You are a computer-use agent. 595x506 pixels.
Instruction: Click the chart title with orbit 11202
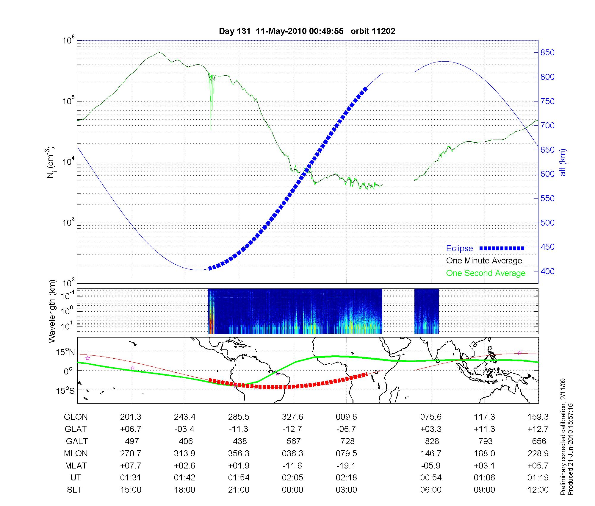pos(307,31)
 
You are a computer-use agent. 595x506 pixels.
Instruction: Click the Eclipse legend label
pos(459,249)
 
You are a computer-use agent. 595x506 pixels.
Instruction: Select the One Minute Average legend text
pos(484,261)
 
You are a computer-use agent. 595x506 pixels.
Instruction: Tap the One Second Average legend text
pos(486,273)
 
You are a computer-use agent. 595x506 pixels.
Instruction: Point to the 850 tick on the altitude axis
pos(547,53)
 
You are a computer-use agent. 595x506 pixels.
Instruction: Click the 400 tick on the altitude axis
pos(547,271)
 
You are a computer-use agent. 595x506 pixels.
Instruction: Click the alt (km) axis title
pos(563,162)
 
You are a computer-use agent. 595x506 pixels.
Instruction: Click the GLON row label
pos(76,417)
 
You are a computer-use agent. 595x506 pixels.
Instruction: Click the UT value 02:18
pos(347,478)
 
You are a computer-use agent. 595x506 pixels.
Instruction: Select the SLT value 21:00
pos(239,490)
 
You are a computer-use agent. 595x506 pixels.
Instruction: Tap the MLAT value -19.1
pos(347,466)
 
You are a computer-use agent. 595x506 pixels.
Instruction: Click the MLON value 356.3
pos(239,454)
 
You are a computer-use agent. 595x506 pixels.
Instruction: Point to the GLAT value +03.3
pos(431,429)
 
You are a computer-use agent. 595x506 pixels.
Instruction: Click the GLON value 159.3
pos(538,417)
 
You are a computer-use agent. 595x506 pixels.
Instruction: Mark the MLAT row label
pos(76,466)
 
